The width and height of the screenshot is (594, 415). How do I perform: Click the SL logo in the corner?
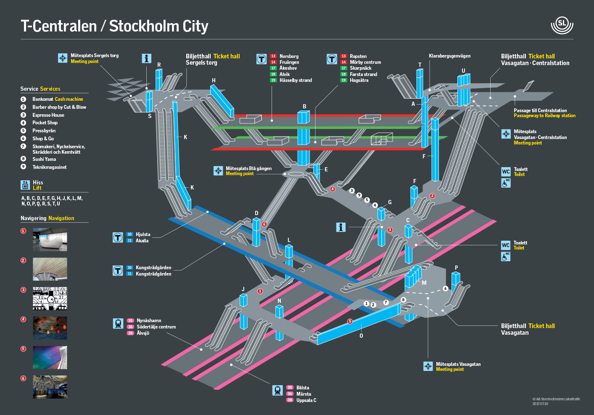coord(562,25)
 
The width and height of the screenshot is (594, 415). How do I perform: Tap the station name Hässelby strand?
coord(296,80)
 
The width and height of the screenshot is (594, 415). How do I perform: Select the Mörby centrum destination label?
coord(365,62)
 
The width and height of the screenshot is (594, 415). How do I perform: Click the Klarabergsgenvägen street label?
coord(449,56)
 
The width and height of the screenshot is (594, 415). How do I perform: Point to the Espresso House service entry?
coord(48,115)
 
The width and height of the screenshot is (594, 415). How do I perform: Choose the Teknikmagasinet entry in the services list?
coord(50,167)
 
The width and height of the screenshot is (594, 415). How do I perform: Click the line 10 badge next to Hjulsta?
coord(129,234)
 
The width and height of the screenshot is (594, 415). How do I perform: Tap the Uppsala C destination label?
coord(306,400)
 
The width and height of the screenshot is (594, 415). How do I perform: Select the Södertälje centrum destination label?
coord(156,327)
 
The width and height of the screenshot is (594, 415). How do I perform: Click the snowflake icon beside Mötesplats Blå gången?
coord(218,171)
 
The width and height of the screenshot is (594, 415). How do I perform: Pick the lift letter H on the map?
coord(214,81)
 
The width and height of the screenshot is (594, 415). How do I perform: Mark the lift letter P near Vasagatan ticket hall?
coord(456,268)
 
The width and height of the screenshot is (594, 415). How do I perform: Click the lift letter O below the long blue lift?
coord(361,336)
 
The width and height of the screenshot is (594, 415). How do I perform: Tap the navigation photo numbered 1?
coord(50,240)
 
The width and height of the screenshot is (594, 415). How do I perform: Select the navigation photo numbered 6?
coord(50,387)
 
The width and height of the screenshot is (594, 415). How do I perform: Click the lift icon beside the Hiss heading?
coord(25,185)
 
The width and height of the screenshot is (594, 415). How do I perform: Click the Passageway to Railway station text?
coord(544,116)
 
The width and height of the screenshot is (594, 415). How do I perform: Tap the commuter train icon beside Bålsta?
coord(277,391)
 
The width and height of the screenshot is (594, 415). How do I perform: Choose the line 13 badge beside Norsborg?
coord(273,56)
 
